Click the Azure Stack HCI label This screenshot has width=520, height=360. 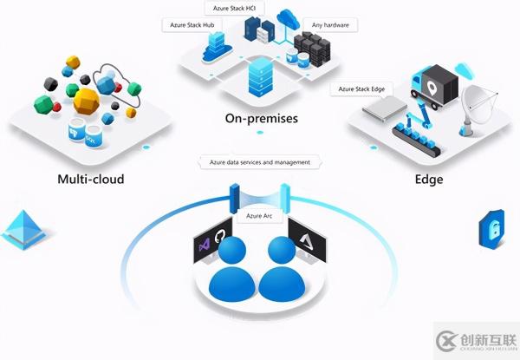coord(227,8)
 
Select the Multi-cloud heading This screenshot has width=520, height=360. coord(90,180)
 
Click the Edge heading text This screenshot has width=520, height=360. coord(428,180)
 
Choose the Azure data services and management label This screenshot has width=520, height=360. coord(260,161)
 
